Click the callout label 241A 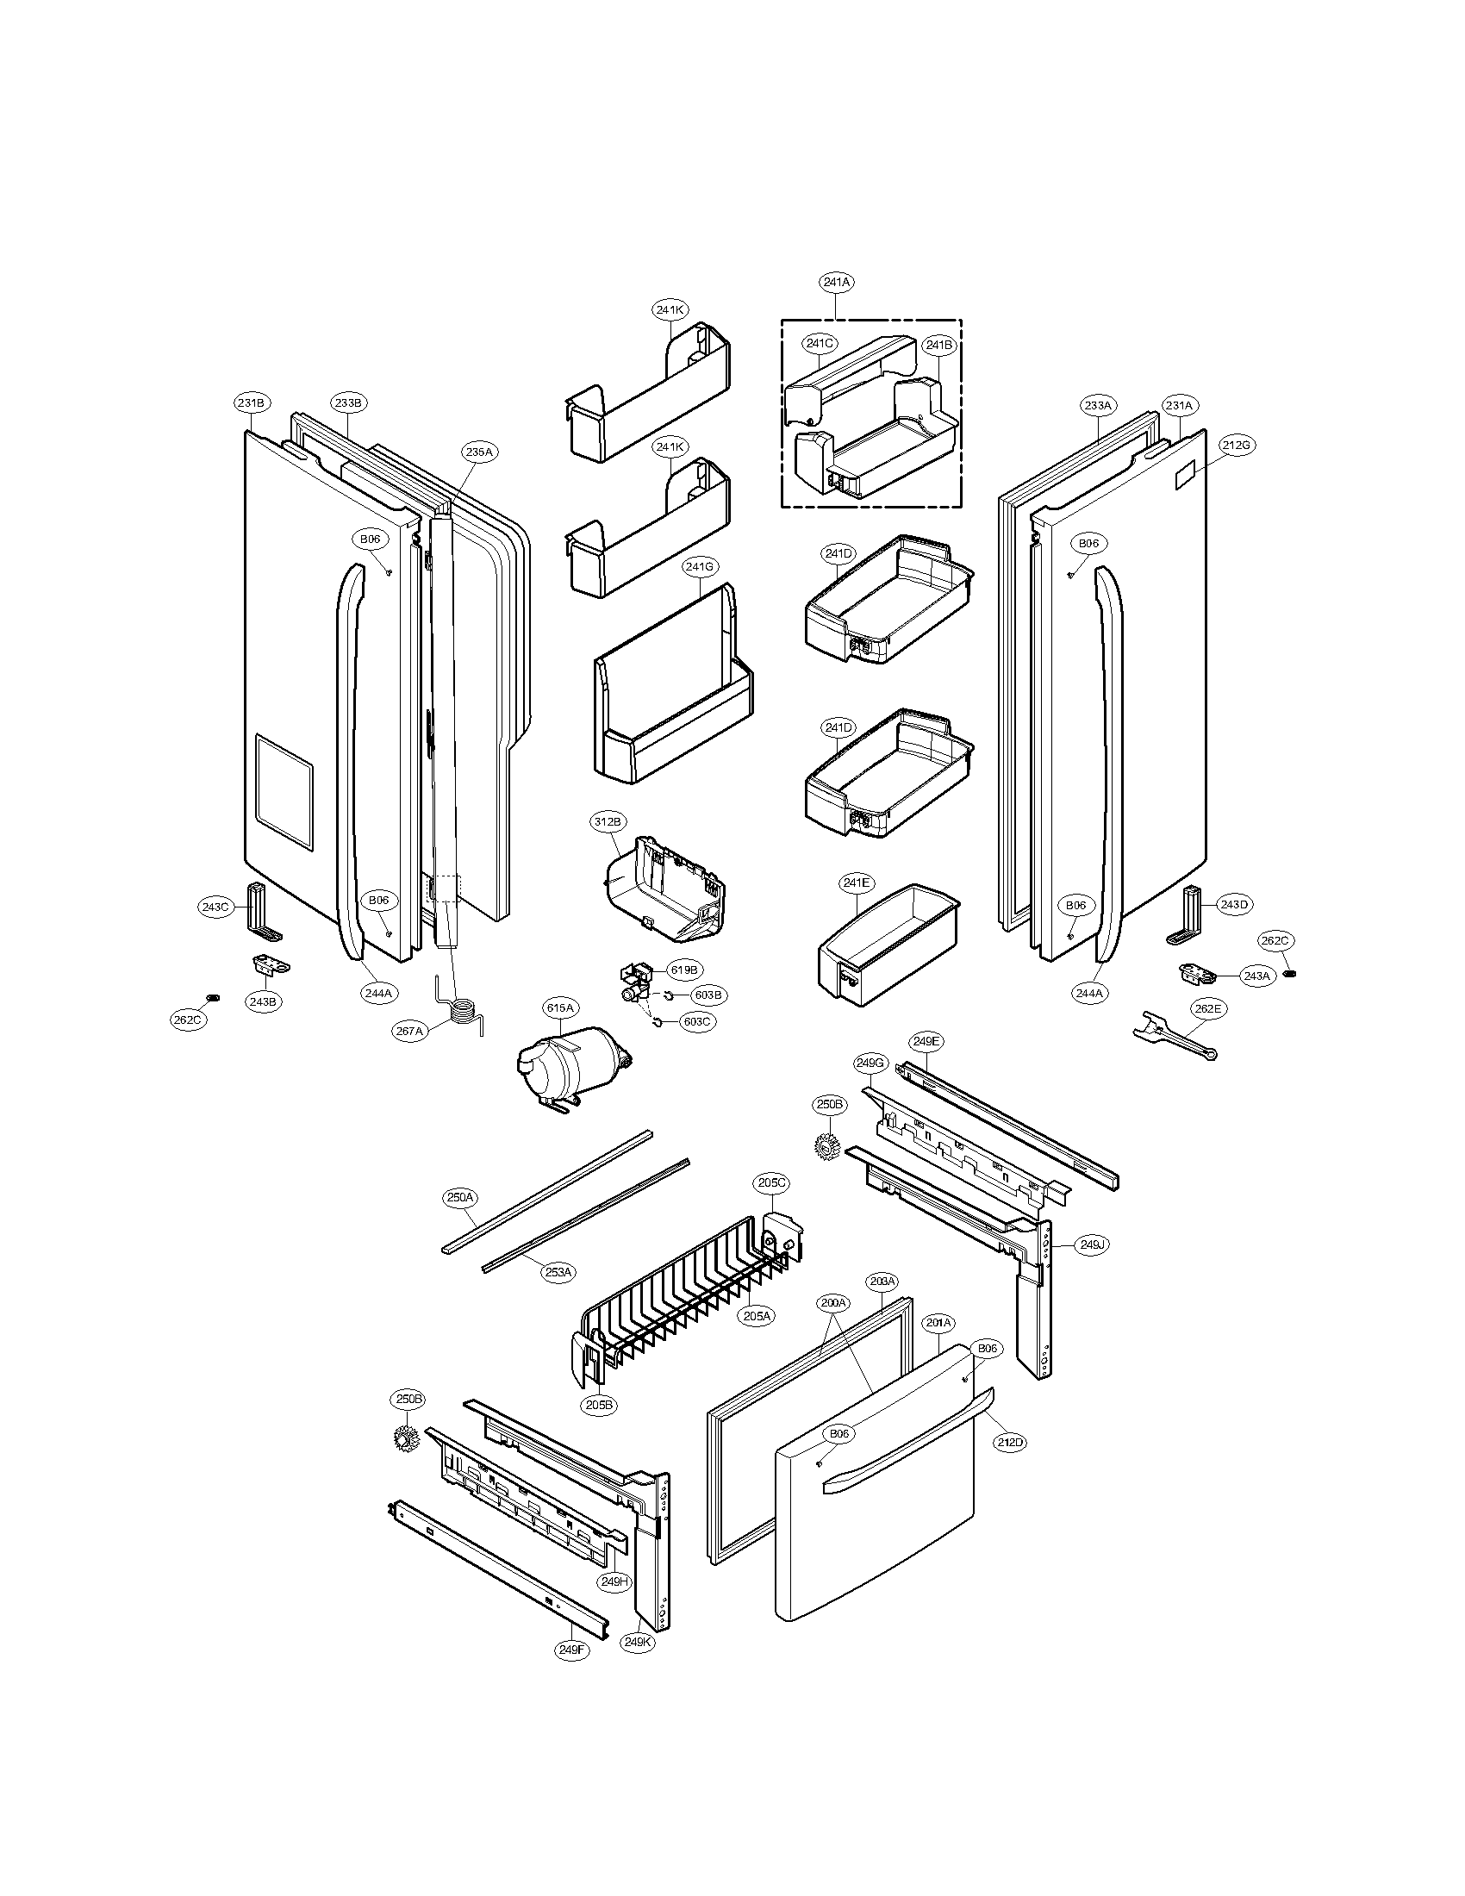[x=836, y=282]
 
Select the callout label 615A [x=560, y=1008]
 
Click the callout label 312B [x=608, y=821]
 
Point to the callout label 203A [x=882, y=1282]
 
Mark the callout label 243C [x=215, y=907]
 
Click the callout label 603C [x=696, y=1022]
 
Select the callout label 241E [x=855, y=883]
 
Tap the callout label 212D [x=1009, y=1442]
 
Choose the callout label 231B [x=252, y=402]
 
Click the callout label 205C [x=770, y=1182]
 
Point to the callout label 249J [x=1093, y=1245]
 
